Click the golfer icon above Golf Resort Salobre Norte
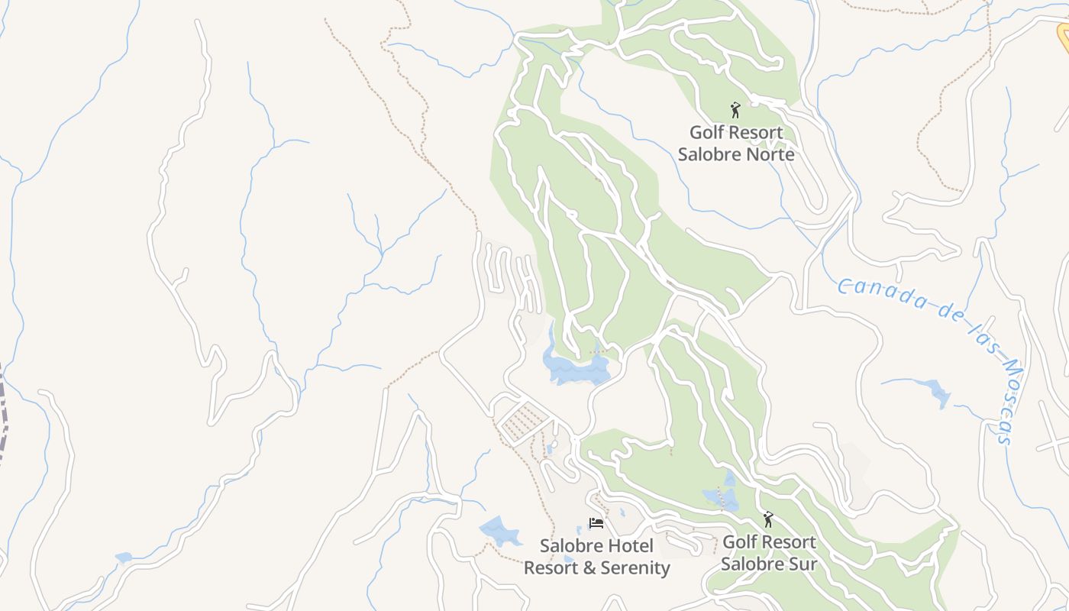735,110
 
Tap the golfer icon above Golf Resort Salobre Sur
768,520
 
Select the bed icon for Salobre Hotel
596,523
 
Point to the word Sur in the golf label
802,564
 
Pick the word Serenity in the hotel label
635,568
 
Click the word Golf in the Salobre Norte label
706,133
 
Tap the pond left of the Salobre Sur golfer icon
722,499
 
